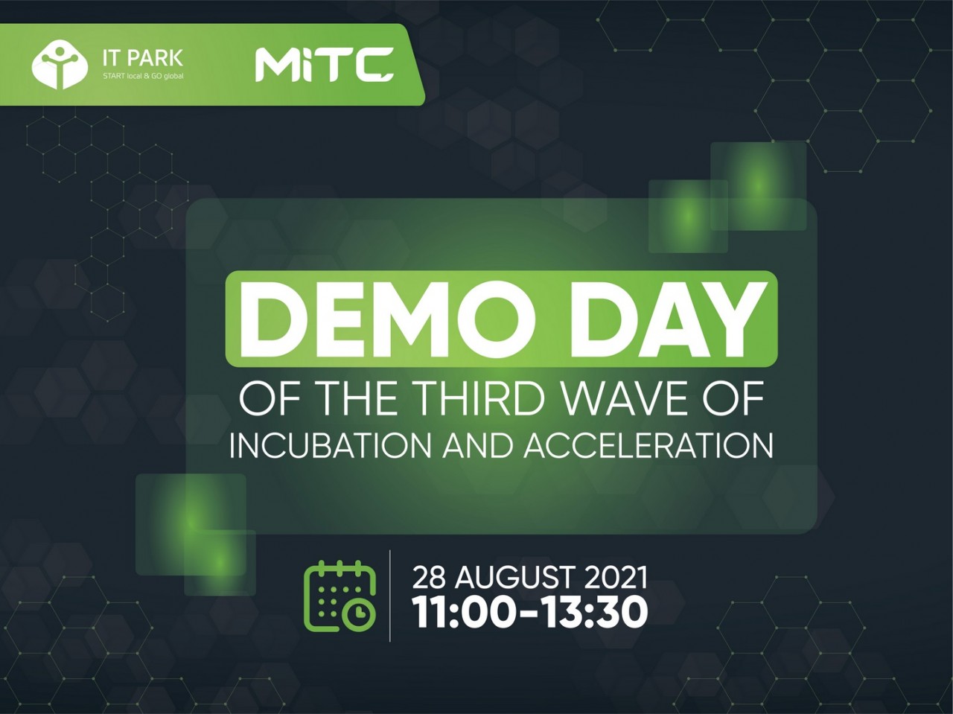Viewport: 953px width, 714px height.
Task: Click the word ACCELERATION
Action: click(648, 445)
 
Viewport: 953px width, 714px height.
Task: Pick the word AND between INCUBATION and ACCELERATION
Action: click(477, 445)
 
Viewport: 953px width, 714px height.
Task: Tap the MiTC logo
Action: click(325, 64)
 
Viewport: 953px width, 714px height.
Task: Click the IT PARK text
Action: click(143, 58)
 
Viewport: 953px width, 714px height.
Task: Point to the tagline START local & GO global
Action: click(143, 77)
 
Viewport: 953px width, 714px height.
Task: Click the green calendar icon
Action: click(340, 596)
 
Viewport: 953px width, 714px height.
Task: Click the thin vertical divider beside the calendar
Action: click(390, 596)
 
